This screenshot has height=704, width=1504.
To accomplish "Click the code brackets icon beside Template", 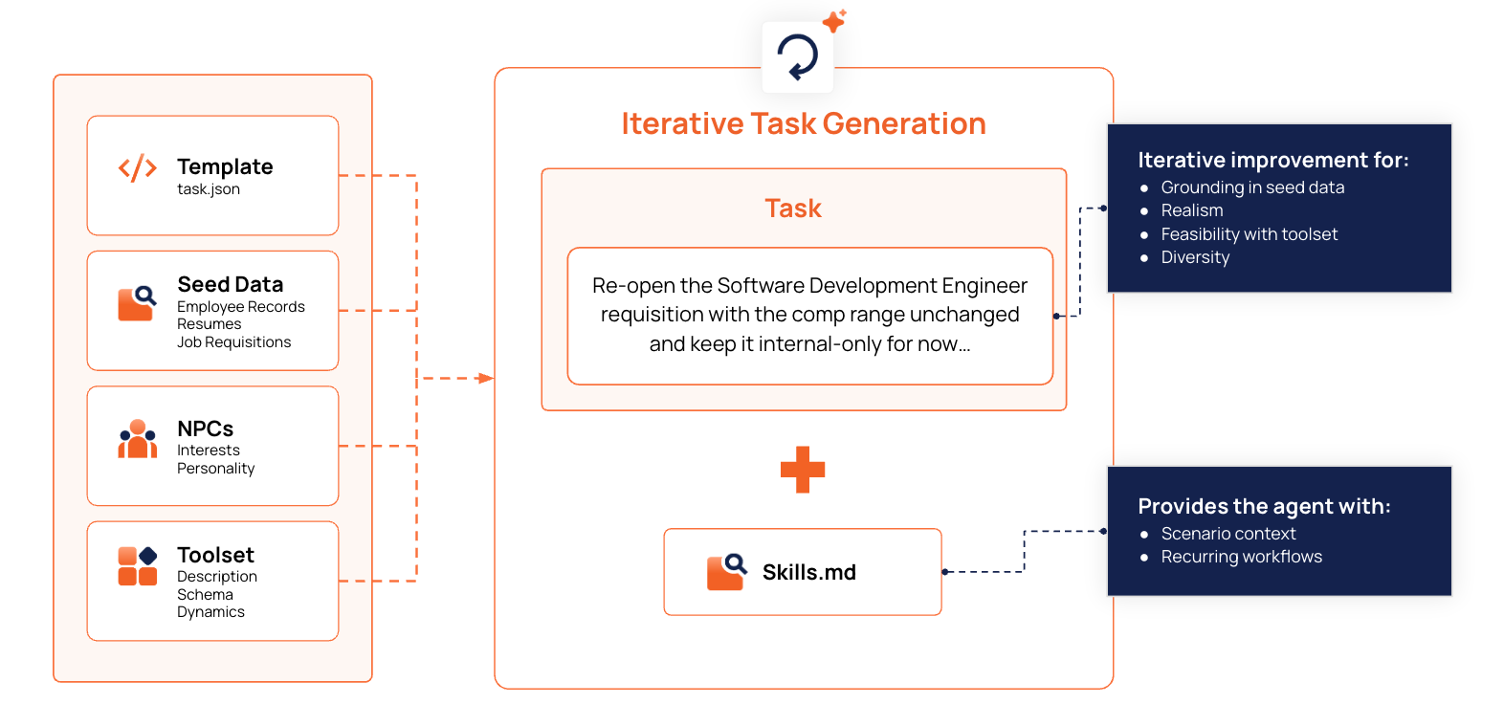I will [x=137, y=168].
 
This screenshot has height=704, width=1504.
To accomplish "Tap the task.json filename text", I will [x=209, y=189].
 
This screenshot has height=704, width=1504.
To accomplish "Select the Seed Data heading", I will [x=230, y=284].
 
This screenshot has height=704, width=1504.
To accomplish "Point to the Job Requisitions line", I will [x=233, y=342].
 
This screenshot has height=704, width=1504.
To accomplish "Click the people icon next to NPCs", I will [x=138, y=439].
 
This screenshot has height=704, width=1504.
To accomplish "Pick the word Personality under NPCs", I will [x=215, y=469].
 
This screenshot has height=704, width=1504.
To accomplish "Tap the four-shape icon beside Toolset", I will [x=138, y=566].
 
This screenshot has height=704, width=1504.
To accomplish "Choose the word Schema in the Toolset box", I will [x=205, y=595].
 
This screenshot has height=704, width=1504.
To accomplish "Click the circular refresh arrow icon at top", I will [x=798, y=57].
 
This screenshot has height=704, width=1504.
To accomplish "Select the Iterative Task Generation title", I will [x=803, y=124].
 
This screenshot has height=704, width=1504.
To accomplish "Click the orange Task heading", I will [x=793, y=209].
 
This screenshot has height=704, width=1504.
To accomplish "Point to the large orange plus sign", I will [x=802, y=470].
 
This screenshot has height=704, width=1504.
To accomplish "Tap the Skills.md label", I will [x=808, y=572].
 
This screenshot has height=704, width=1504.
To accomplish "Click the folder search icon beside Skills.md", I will [x=726, y=572].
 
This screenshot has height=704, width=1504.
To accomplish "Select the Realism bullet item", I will [x=1191, y=210].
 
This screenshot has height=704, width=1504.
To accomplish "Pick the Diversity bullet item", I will [x=1195, y=257].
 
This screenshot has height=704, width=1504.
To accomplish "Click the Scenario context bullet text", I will [x=1228, y=534].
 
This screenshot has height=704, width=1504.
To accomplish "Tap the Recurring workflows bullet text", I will [x=1241, y=557].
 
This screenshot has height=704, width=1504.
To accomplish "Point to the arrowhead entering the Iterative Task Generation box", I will [x=486, y=379].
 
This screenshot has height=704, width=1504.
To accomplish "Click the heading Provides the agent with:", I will [x=1264, y=506].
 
